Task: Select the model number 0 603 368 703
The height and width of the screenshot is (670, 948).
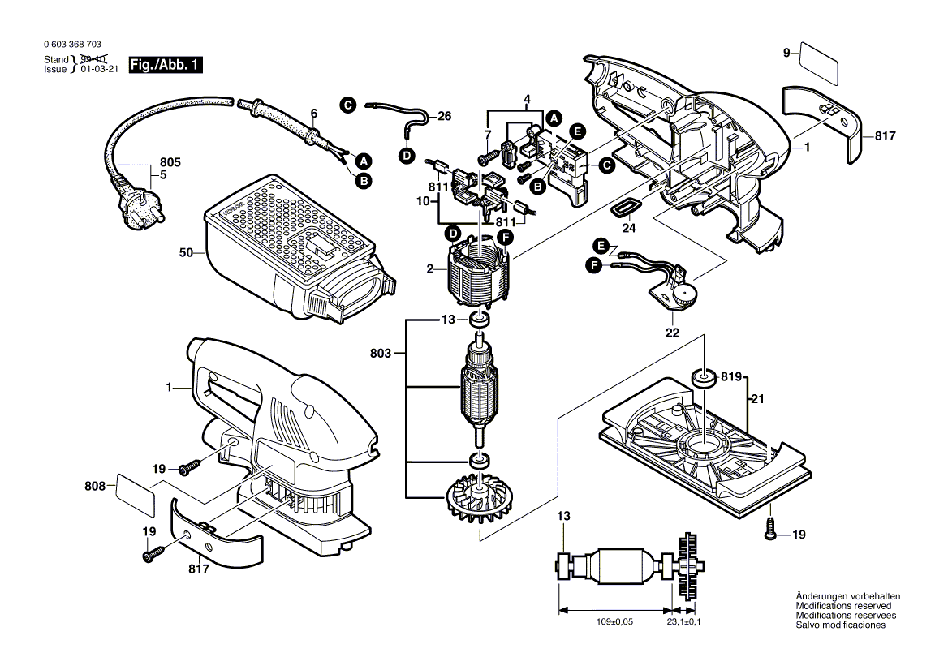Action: (x=74, y=45)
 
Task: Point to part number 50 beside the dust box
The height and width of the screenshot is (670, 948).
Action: (x=187, y=254)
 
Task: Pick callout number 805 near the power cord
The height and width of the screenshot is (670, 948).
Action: (x=170, y=162)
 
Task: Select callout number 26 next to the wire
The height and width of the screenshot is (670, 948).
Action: (x=444, y=116)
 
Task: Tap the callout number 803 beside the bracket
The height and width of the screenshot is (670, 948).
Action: (x=380, y=354)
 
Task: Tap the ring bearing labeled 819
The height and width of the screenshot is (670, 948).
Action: (x=703, y=378)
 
